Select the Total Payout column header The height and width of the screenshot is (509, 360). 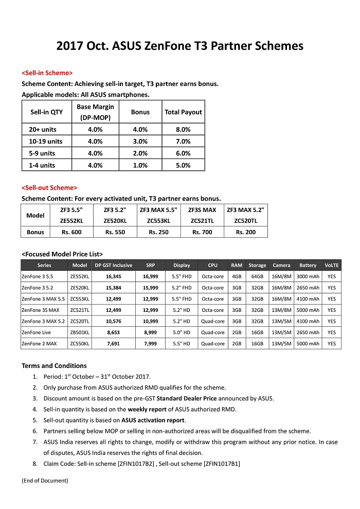click(x=183, y=112)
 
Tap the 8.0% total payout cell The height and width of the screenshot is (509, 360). click(x=183, y=130)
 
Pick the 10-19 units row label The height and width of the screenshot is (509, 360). click(x=46, y=142)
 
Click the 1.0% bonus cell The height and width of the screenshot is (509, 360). click(x=140, y=165)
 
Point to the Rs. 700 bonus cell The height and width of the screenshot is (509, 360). click(x=202, y=232)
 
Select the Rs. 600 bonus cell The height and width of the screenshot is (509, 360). click(x=72, y=232)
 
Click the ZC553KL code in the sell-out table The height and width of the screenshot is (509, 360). click(x=158, y=220)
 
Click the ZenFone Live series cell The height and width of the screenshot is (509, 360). click(x=37, y=332)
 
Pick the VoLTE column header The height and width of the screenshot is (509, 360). click(x=332, y=266)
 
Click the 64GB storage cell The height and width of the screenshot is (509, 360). click(x=257, y=276)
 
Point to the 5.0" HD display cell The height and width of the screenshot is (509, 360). click(x=182, y=332)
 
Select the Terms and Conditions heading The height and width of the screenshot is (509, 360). click(x=54, y=366)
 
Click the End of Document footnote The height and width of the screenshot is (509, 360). click(x=45, y=481)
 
